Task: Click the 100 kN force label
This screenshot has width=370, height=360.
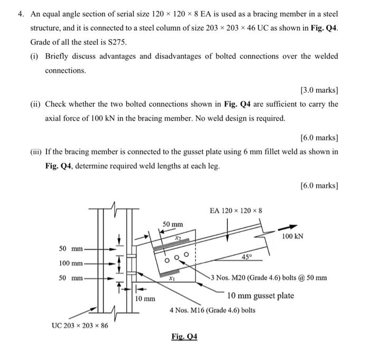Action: coord(292,236)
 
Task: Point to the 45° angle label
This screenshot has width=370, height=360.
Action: coord(246,257)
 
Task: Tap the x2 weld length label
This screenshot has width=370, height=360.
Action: coord(179,239)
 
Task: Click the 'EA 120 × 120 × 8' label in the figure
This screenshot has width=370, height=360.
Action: coord(236,211)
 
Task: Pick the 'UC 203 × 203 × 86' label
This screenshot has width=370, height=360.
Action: coord(80,325)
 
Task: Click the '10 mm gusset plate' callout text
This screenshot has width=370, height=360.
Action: coord(261,296)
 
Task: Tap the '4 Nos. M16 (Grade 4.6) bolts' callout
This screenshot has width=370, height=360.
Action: coord(212,310)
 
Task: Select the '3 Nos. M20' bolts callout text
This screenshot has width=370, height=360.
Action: coord(269,278)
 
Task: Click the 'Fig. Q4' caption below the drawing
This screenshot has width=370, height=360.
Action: coord(184,336)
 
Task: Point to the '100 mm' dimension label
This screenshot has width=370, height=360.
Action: coord(70,263)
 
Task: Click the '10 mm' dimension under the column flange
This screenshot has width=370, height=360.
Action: coord(145,299)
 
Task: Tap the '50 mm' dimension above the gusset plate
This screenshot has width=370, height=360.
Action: coord(173,224)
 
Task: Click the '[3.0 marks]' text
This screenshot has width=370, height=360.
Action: coord(319,90)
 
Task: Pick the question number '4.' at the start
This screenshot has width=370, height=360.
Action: coord(16,13)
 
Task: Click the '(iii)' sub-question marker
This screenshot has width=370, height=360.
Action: coord(36,152)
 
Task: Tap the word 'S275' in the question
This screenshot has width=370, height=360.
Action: coord(117,42)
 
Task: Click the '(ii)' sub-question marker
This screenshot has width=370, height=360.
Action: coord(35,104)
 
